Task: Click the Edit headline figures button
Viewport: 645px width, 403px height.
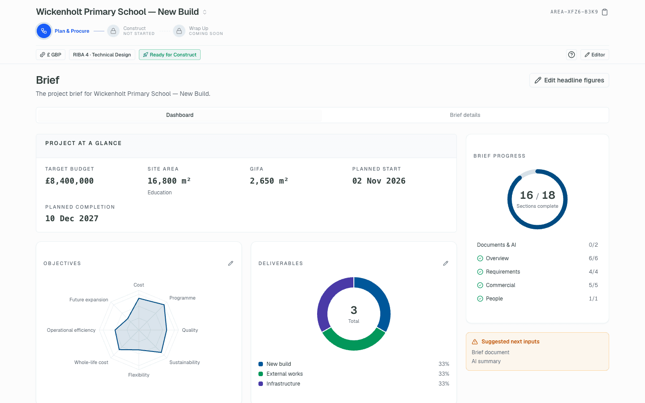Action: point(569,80)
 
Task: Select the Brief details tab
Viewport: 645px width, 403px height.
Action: point(465,115)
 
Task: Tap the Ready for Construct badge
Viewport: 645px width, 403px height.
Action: point(170,55)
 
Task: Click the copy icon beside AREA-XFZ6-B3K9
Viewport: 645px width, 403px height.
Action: point(605,12)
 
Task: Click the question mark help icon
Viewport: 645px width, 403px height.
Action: point(571,55)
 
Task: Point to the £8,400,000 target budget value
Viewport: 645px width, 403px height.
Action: point(69,181)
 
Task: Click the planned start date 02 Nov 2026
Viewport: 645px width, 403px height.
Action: point(378,181)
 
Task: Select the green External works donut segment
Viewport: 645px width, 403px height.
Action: point(353,343)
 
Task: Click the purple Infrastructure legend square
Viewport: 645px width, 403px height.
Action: point(261,384)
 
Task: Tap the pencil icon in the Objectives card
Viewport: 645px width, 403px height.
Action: point(231,263)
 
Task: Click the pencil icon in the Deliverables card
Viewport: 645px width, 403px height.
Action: point(445,263)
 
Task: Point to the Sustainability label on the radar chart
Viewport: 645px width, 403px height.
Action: point(185,362)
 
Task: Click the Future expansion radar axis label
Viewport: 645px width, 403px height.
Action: point(89,300)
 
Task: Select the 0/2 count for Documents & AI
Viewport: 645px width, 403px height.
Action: point(593,244)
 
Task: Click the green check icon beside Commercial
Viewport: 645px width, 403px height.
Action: point(480,285)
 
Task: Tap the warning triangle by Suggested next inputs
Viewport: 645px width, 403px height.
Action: point(475,342)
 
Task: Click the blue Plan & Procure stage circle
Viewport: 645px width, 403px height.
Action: point(44,31)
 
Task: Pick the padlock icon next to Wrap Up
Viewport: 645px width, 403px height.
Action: point(179,31)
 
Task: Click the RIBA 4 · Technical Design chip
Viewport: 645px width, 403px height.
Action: point(102,55)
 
